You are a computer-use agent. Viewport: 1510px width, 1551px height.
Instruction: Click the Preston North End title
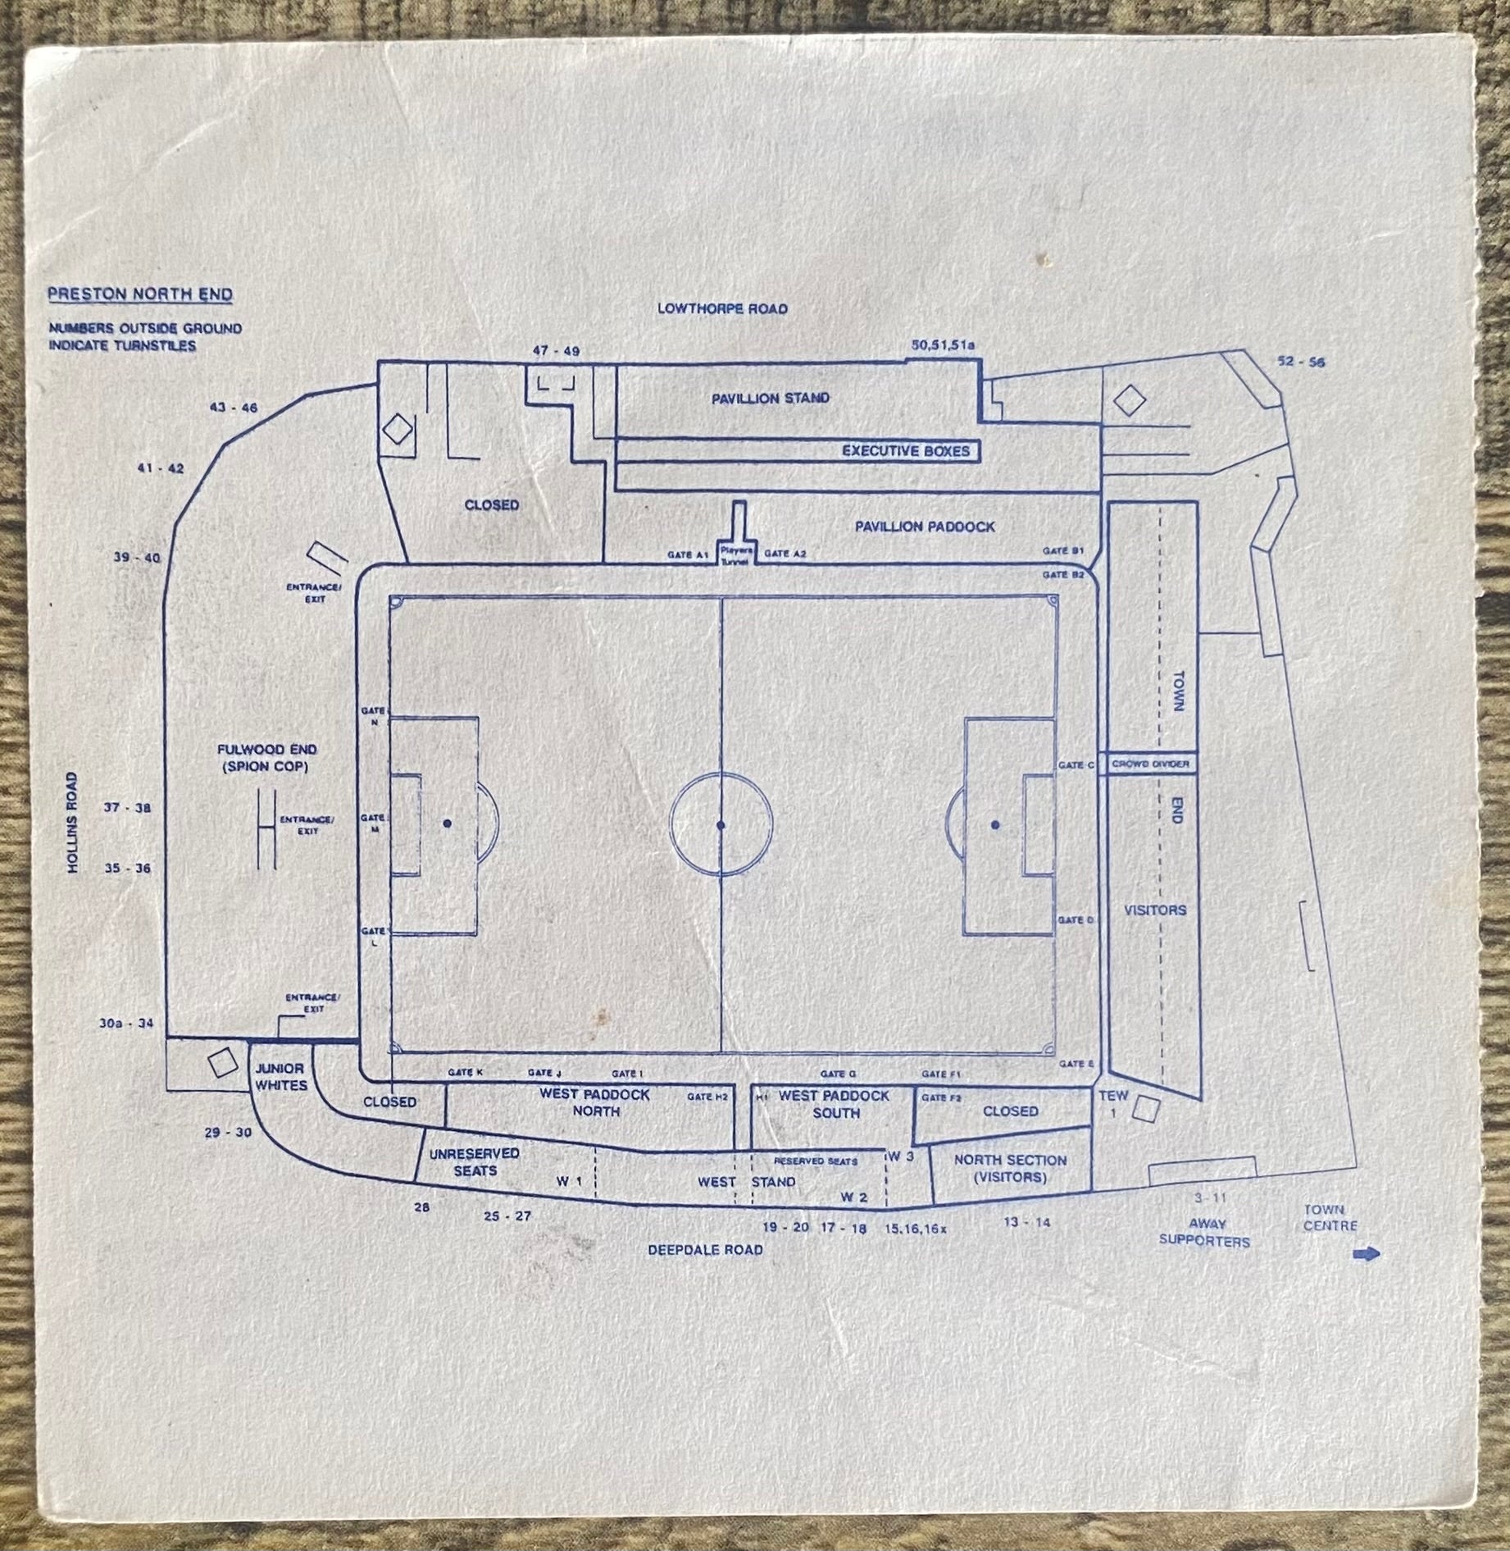coord(140,294)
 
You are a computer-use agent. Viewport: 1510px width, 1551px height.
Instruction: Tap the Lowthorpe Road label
coord(722,308)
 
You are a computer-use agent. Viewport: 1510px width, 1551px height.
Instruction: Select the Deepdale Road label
coord(705,1249)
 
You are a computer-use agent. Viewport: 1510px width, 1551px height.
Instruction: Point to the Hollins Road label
coord(73,823)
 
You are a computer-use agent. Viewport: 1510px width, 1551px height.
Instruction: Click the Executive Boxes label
coord(906,451)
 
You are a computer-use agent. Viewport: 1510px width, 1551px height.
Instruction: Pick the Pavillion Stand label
coord(770,398)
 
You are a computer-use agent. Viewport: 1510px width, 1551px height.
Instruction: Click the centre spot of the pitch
coord(721,824)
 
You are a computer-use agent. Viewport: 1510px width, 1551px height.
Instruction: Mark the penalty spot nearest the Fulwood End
coord(447,823)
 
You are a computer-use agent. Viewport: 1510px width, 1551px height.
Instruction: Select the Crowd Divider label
coord(1150,764)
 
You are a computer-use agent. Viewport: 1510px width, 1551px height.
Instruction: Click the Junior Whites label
coord(280,1077)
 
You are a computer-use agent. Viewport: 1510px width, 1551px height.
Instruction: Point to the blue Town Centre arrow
coord(1367,1253)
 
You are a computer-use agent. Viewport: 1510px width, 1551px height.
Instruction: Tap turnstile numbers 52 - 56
coord(1301,361)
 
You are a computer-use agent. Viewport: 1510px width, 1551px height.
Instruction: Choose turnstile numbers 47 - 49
coord(556,351)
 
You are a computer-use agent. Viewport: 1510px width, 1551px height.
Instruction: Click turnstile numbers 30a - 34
coord(126,1023)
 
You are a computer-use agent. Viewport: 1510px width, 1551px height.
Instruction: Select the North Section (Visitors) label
coord(1010,1169)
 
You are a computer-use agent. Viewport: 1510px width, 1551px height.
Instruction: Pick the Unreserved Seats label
coord(475,1161)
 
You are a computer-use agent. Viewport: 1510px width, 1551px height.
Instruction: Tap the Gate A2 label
coord(785,554)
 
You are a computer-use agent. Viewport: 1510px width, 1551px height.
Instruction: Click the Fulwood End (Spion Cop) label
coord(266,758)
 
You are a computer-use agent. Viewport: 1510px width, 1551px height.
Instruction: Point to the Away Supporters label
coord(1204,1233)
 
